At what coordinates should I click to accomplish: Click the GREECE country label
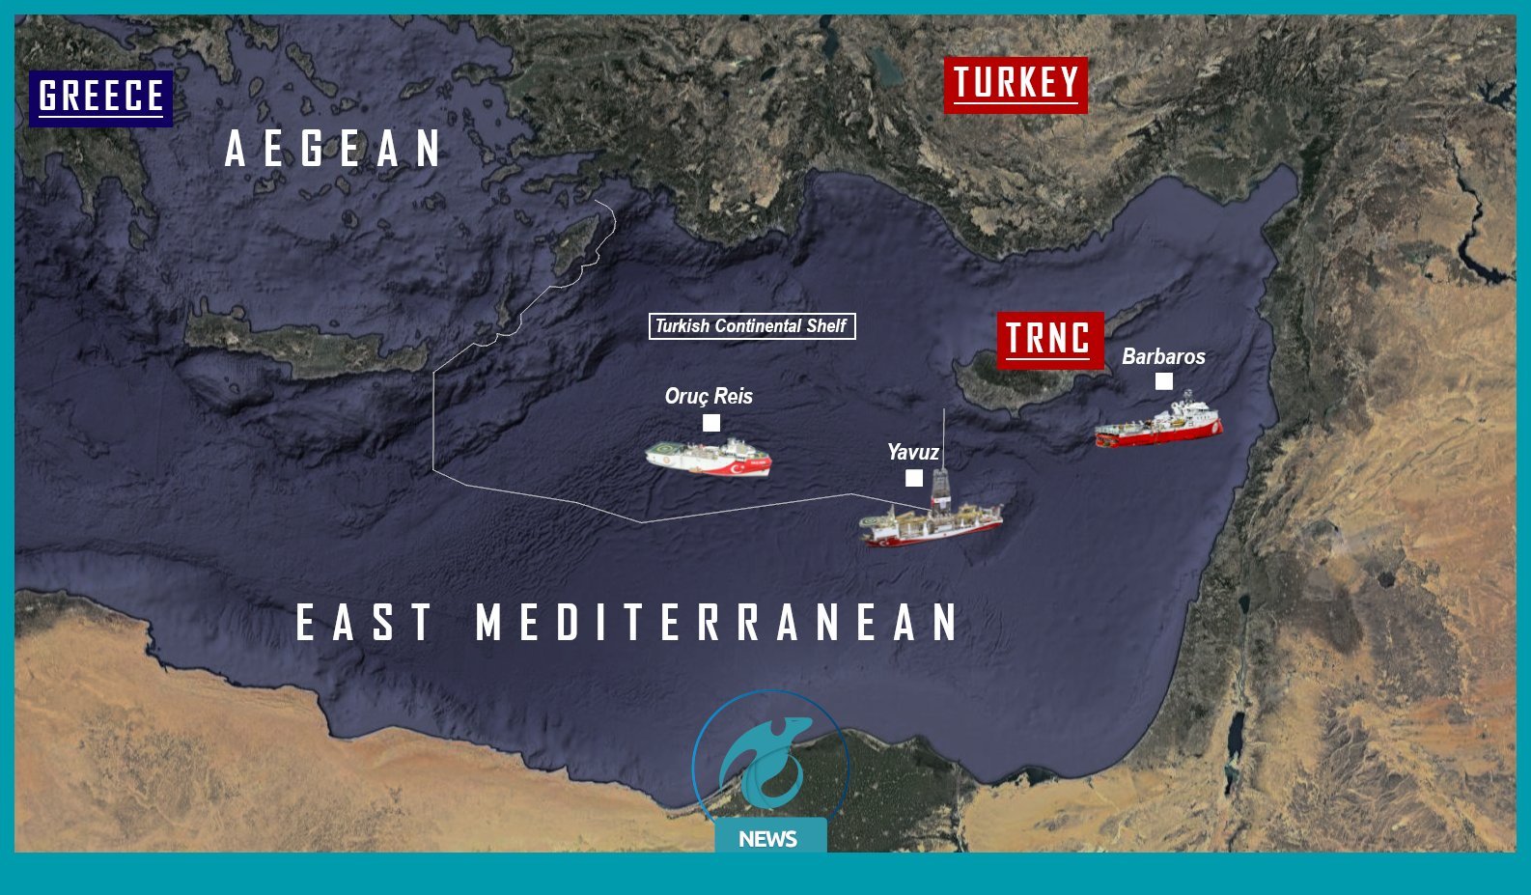tap(101, 98)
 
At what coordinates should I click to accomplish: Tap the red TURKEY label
tap(1016, 84)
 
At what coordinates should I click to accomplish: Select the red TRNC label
tap(1048, 339)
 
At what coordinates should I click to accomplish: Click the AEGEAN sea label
tap(334, 149)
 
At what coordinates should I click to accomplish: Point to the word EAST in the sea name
tap(364, 622)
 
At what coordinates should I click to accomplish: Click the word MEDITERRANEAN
tap(718, 622)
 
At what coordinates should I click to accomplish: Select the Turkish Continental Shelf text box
tap(751, 326)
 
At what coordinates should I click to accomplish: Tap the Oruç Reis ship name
tap(709, 396)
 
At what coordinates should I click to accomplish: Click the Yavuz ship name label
tap(912, 452)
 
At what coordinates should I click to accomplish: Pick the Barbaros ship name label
tap(1163, 356)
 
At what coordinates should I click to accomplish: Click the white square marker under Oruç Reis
tap(711, 423)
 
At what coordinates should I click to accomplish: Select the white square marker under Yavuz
tap(914, 478)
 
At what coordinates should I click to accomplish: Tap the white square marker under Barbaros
tap(1164, 381)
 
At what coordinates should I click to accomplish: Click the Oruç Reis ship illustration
tap(709, 457)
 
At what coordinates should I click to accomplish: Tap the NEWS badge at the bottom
tap(768, 838)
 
